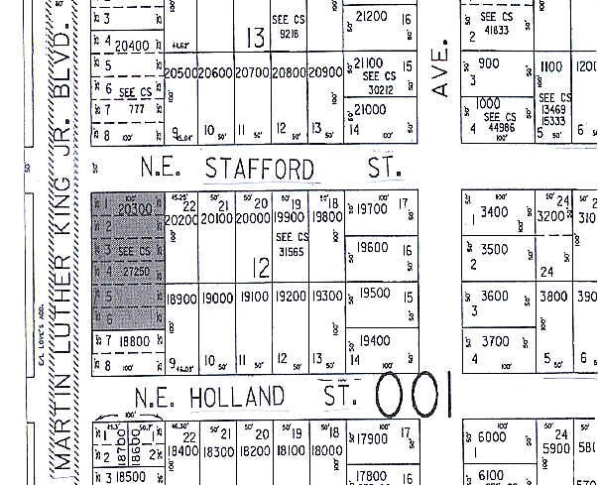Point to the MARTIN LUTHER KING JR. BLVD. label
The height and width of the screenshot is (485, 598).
tap(64, 238)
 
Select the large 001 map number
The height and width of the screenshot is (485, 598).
tap(415, 395)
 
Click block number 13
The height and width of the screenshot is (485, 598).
tap(256, 38)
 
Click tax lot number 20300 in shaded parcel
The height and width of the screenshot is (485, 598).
tap(133, 209)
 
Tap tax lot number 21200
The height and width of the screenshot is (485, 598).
tap(370, 16)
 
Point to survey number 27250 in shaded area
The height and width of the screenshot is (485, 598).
tap(134, 270)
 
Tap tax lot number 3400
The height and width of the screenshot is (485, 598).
tap(494, 211)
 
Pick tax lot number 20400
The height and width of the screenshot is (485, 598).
tap(132, 45)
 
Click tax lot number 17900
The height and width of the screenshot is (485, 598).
tap(370, 439)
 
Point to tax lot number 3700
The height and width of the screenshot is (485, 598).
tap(494, 341)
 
